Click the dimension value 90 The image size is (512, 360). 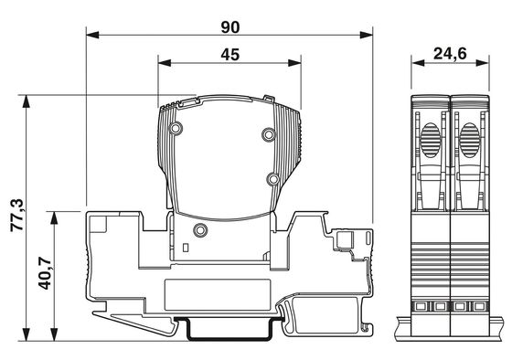pos(230,27)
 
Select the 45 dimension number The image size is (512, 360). pos(230,55)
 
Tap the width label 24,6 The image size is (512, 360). pos(450,54)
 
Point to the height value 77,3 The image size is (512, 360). pos(17,215)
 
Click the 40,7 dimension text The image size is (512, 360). pos(45,273)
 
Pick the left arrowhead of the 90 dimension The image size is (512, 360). pos(92,35)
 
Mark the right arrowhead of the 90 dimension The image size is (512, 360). pos(366,35)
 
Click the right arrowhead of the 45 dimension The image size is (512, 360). pos(294,63)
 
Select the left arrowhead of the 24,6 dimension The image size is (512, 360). pos(418,63)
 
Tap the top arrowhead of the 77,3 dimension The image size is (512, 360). pos(26,101)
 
